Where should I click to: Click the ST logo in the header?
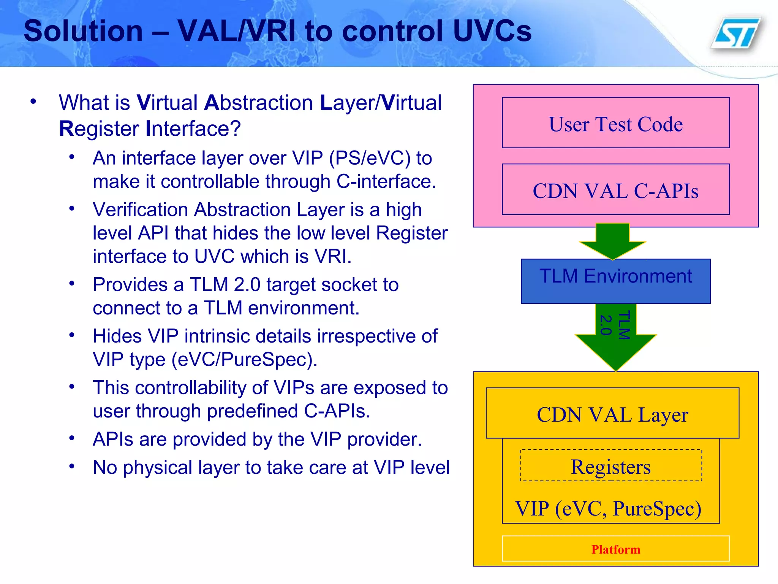tap(737, 33)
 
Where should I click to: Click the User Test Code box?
tap(615, 123)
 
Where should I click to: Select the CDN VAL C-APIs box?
tap(615, 189)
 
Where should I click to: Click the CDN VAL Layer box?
tap(612, 413)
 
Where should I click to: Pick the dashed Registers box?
tap(611, 466)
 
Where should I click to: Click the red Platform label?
tap(615, 549)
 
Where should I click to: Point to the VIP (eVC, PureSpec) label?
tap(608, 508)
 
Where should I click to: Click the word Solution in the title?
tap(83, 31)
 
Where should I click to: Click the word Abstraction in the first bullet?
tap(259, 103)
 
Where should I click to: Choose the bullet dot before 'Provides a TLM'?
tap(72, 283)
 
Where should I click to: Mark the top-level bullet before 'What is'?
tap(33, 102)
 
